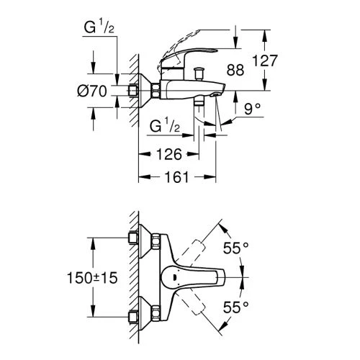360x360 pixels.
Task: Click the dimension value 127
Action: (x=265, y=60)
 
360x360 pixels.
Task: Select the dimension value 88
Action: (x=235, y=70)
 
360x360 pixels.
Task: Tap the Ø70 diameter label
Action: (x=92, y=91)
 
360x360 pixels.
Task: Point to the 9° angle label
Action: (x=252, y=109)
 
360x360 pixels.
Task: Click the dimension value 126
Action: (x=169, y=154)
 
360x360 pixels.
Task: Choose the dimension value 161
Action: (x=176, y=177)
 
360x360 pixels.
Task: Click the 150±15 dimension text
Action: (x=92, y=278)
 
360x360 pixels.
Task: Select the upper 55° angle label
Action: (x=235, y=248)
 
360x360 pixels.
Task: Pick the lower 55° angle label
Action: (x=235, y=307)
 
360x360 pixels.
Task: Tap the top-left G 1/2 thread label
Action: (x=99, y=27)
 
